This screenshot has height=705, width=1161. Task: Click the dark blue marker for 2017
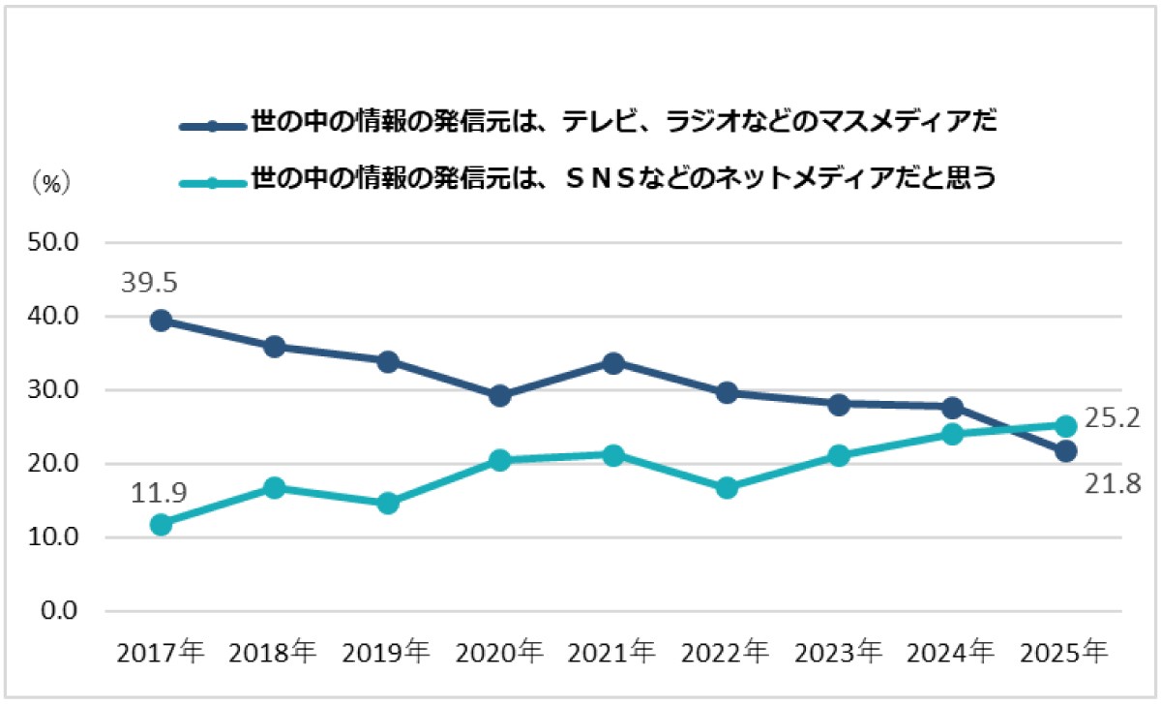coord(162,321)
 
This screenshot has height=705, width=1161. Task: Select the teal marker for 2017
coord(162,524)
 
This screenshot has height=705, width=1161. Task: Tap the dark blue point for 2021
coord(613,362)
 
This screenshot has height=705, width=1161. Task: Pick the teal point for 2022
coord(727,487)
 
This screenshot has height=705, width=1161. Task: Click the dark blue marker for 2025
coord(1066,450)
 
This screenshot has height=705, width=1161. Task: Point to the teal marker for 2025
coord(1066,425)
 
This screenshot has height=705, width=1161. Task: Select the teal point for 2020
coord(500,460)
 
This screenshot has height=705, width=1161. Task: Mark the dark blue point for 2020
coord(500,395)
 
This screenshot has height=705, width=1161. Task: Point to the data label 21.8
coord(1112,481)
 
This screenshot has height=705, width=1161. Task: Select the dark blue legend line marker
coord(213,126)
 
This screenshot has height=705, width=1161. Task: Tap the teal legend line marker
coord(213,182)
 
